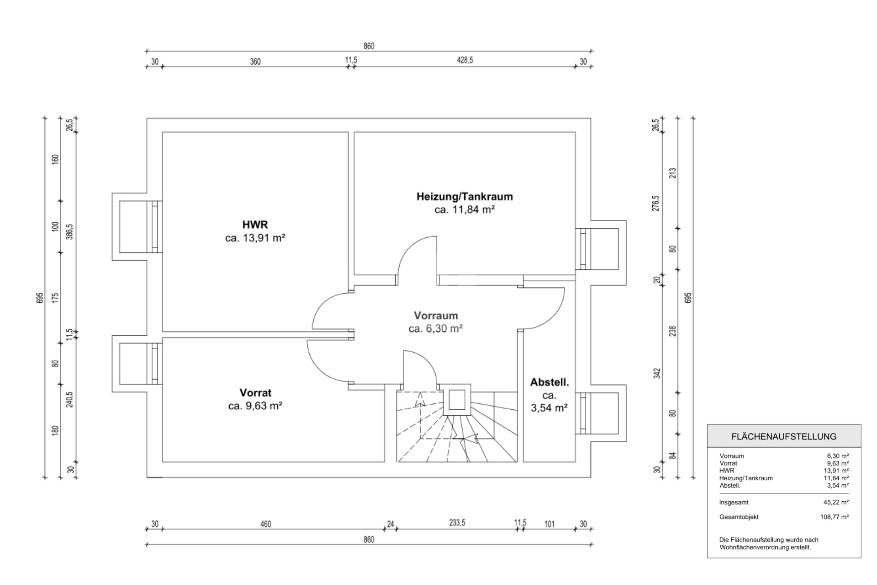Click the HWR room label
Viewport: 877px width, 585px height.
click(x=255, y=225)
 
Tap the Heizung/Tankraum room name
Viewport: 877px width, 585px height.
click(x=465, y=197)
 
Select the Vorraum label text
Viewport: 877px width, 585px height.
click(x=436, y=316)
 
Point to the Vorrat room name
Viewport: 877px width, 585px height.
click(x=255, y=393)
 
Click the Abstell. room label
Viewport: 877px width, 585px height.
click(x=549, y=382)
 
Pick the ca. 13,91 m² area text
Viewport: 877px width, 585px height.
click(x=255, y=238)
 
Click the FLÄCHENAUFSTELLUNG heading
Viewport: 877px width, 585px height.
click(x=784, y=436)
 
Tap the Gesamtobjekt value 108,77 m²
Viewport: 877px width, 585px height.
click(x=835, y=517)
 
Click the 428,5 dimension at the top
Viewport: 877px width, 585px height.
click(x=465, y=60)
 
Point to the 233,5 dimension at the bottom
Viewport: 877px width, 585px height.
click(x=457, y=523)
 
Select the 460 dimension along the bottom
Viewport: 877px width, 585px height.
click(x=266, y=524)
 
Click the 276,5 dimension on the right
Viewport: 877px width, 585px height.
click(x=656, y=203)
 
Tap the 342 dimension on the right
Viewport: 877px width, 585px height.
click(x=657, y=373)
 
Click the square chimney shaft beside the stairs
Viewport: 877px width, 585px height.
click(x=457, y=400)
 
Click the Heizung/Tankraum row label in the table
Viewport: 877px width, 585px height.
click(x=746, y=478)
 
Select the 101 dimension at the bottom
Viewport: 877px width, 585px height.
click(x=549, y=524)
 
